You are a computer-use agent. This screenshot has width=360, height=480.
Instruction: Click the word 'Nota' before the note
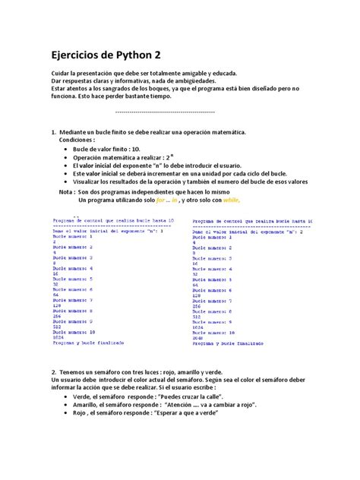click(x=66, y=192)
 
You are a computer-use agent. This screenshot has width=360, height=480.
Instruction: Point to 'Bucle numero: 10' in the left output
click(x=74, y=332)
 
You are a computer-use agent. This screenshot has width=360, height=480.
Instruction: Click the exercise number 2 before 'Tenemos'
click(x=53, y=372)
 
